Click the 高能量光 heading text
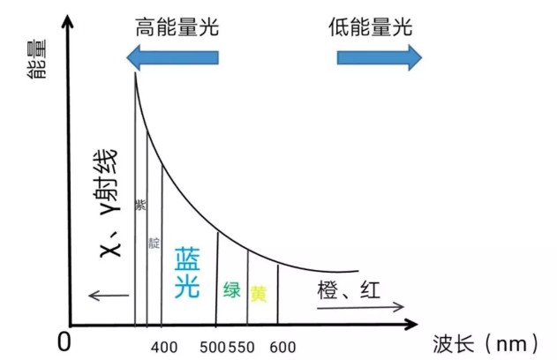[177, 27]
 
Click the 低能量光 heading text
[370, 27]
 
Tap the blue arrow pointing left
[173, 57]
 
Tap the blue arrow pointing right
[380, 57]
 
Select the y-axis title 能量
[37, 59]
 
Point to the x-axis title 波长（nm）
[485, 344]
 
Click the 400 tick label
[164, 348]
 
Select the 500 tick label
[213, 348]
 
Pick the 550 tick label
[241, 348]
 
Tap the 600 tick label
[282, 348]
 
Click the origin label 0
[64, 341]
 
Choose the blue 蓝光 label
[187, 273]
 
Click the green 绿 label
[232, 289]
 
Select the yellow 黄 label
[259, 293]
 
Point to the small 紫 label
[140, 205]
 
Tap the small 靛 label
[154, 244]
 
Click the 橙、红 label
[349, 289]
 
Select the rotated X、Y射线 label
[109, 203]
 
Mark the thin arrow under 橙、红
[360, 307]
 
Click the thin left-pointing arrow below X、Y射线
[109, 295]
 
